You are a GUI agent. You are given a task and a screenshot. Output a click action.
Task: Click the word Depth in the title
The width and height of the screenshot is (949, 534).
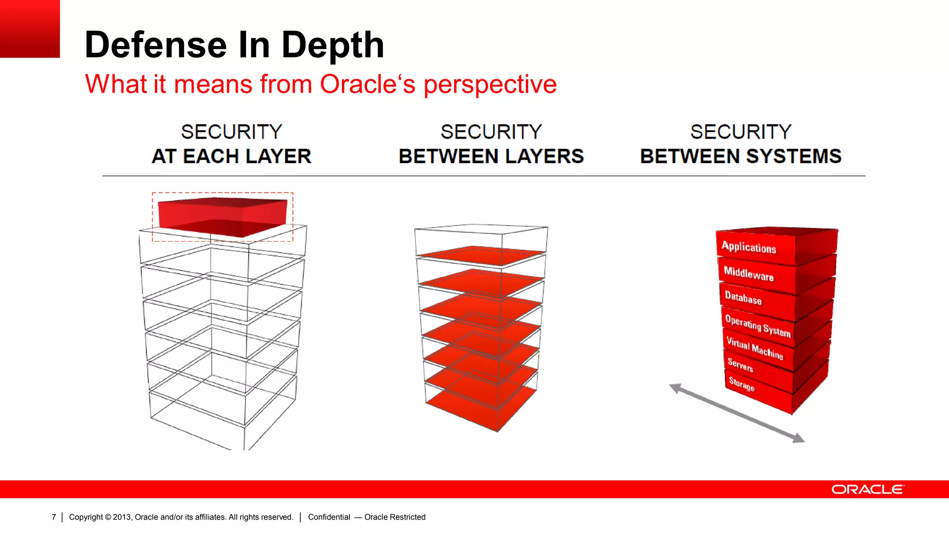[x=333, y=45]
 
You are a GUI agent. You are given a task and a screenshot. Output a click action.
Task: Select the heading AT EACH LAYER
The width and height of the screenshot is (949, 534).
[x=231, y=156]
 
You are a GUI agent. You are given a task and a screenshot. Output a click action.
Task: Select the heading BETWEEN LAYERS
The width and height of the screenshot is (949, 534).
[x=491, y=156]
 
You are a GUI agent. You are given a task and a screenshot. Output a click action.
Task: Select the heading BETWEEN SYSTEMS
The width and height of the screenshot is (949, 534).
[x=740, y=156]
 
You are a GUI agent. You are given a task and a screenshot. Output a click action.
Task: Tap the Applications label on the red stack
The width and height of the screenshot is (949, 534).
[x=748, y=247]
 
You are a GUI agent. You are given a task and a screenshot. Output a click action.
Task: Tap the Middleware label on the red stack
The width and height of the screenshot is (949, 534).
[x=748, y=273]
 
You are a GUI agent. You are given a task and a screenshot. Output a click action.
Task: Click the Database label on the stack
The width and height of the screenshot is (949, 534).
[x=743, y=298]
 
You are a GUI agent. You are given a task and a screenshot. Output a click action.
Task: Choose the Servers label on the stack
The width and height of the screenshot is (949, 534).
[x=740, y=365]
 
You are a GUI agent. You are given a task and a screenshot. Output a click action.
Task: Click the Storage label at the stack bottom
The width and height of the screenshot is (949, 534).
[x=741, y=384]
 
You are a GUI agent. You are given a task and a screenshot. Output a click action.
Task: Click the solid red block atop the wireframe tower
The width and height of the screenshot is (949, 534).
[x=222, y=216]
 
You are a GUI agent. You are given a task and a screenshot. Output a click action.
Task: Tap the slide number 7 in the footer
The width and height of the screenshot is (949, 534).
[x=54, y=517]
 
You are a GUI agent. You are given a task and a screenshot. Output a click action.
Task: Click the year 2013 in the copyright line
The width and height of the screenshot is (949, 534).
[x=122, y=517]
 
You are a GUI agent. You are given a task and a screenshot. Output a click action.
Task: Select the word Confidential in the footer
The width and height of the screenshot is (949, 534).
[x=329, y=517]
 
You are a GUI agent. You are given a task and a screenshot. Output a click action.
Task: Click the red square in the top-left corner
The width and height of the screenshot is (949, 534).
[x=30, y=29]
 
